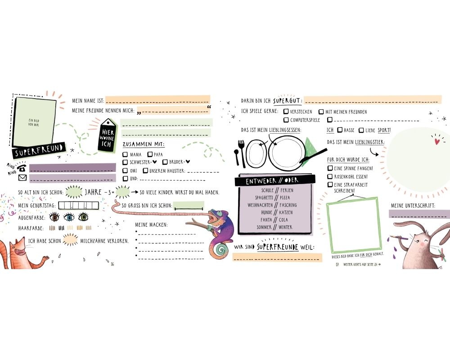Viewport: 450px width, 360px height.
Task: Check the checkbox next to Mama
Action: pos(125,154)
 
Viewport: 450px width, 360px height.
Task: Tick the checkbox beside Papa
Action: pos(149,154)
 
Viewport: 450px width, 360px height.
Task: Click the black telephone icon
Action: pos(22,167)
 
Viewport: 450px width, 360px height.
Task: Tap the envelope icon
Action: pos(22,177)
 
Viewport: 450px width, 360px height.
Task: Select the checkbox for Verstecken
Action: pos(286,112)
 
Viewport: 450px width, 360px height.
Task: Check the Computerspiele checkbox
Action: pos(286,120)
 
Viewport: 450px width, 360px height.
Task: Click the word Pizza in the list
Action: pos(286,198)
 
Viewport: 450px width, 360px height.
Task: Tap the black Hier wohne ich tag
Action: pos(107,135)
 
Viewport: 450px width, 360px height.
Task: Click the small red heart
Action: pos(436,141)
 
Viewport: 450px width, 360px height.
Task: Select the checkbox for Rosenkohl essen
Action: pos(330,176)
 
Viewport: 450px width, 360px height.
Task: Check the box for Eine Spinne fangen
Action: pos(330,168)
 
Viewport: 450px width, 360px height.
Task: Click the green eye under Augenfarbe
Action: pos(83,217)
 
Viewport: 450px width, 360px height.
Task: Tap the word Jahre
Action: pos(93,193)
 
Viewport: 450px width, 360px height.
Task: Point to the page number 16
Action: pos(112,264)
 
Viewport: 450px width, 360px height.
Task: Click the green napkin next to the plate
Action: pos(310,146)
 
